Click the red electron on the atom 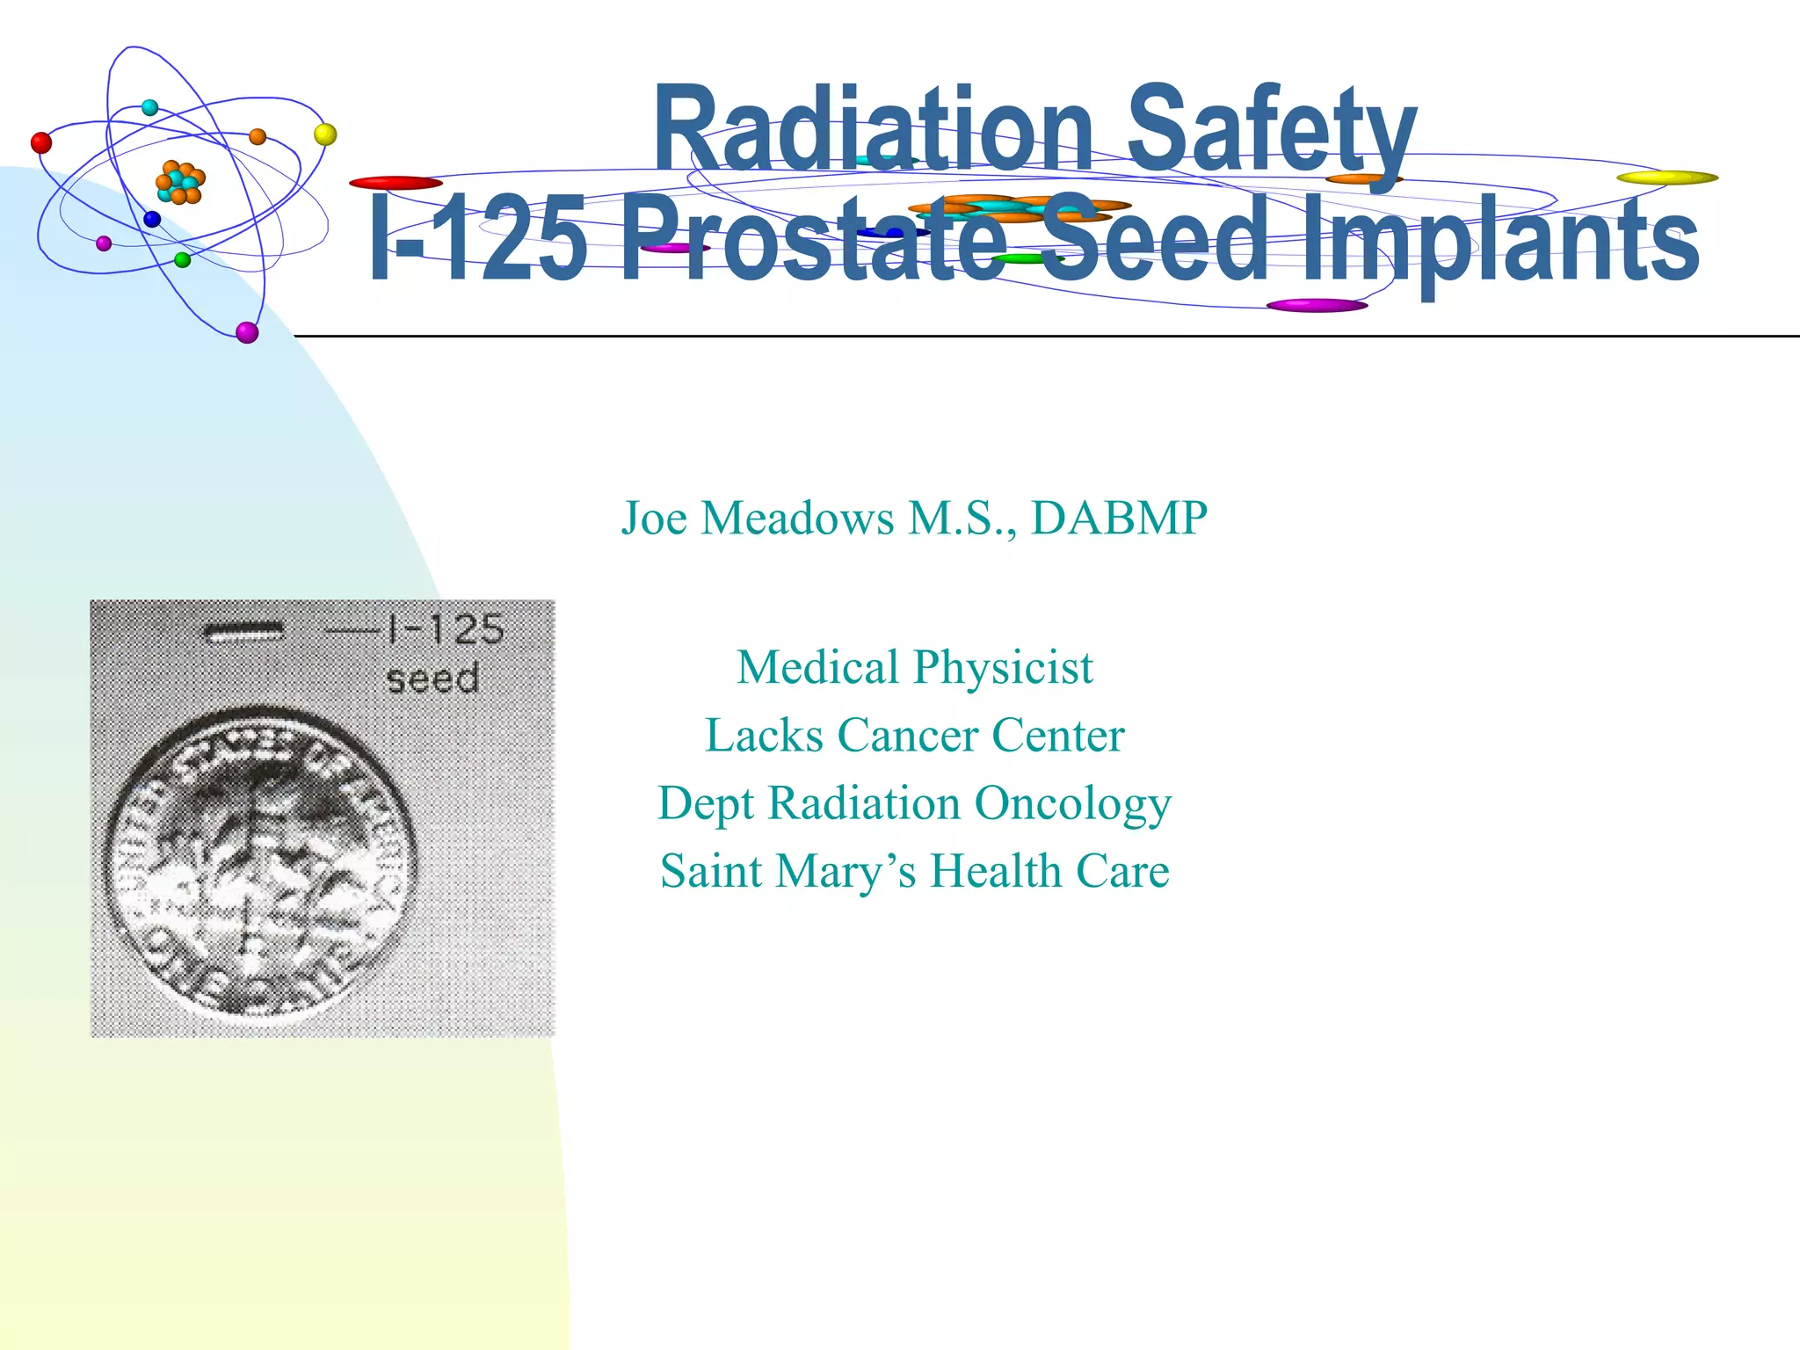coord(41,142)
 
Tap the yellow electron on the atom coord(325,134)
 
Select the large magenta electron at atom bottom coord(248,332)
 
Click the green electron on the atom coord(183,259)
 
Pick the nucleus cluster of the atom coord(180,182)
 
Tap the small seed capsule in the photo coord(243,631)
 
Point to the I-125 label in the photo coord(444,629)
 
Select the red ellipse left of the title coord(396,183)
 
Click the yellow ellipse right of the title coord(1667,178)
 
